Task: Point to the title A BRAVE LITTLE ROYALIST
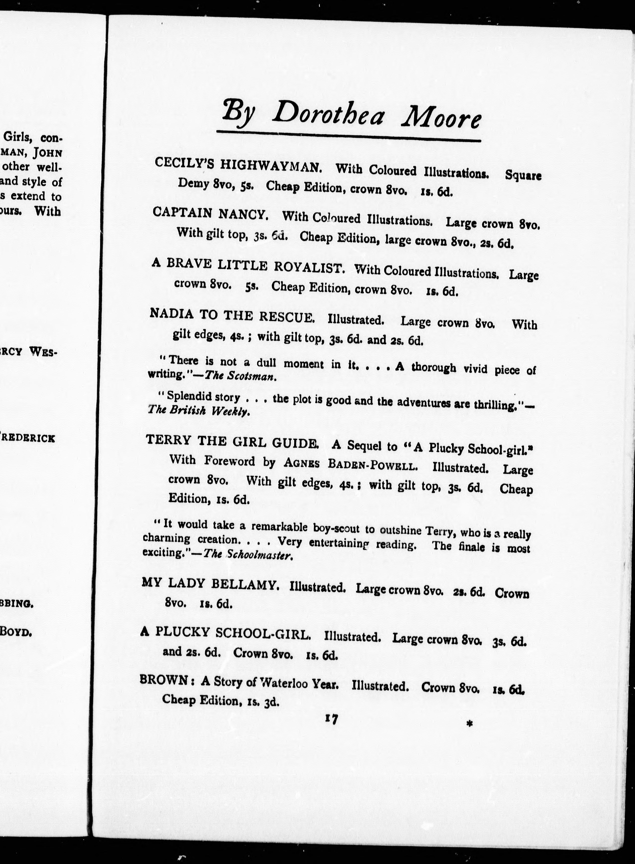(x=248, y=265)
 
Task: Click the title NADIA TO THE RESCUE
(x=232, y=315)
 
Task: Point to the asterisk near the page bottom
(x=469, y=724)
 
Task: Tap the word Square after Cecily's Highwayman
(x=523, y=175)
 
